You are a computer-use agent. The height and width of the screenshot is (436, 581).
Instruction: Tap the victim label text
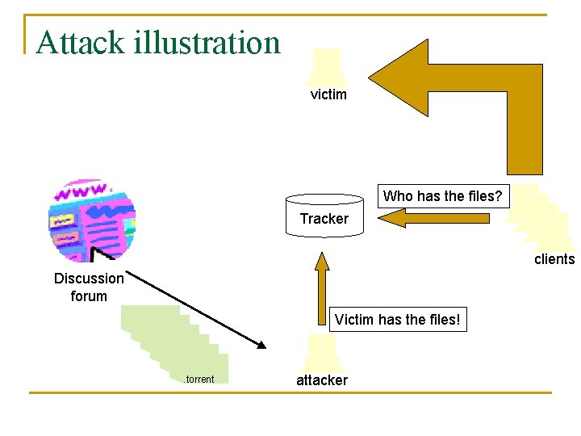pos(328,94)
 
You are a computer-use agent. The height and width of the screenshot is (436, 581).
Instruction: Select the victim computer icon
pos(327,67)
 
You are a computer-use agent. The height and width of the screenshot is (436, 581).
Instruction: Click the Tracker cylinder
pos(324,216)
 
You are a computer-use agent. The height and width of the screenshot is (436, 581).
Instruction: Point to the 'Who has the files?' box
pos(442,196)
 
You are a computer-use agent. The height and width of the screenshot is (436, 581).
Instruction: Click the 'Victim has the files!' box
pos(399,320)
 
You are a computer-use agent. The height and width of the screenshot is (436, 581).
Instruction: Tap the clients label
pos(554,259)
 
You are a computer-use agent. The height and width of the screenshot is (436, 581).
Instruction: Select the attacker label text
pos(322,380)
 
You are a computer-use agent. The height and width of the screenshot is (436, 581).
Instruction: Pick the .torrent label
pos(199,379)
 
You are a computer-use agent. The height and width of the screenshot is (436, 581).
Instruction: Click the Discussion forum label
pos(89,287)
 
